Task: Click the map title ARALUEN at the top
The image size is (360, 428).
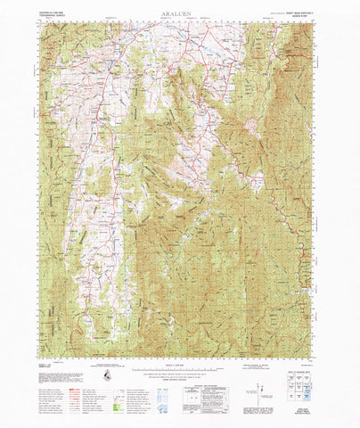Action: (180, 15)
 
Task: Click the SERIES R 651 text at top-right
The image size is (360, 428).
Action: (300, 17)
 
